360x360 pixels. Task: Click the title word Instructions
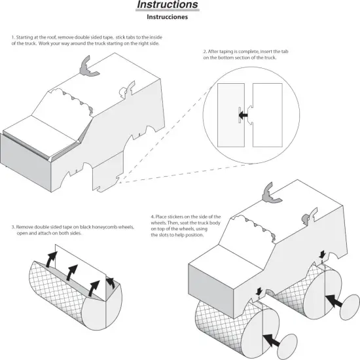tap(168, 5)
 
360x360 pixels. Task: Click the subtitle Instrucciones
tap(167, 17)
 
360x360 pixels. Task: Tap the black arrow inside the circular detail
tap(243, 115)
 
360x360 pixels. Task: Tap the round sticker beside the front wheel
tap(287, 347)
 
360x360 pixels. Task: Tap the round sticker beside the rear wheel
tap(350, 307)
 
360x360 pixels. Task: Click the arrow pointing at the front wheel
tap(271, 340)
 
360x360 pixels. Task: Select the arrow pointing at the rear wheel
tap(334, 301)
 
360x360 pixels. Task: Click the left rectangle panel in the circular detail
tap(231, 115)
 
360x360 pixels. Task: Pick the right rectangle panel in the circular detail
tap(268, 115)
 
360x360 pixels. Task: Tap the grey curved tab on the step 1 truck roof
tap(88, 67)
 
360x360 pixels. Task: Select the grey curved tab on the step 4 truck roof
tap(270, 193)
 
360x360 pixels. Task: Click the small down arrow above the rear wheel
tap(323, 254)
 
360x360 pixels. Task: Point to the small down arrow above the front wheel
tap(259, 291)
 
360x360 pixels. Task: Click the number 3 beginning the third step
tap(13, 227)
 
